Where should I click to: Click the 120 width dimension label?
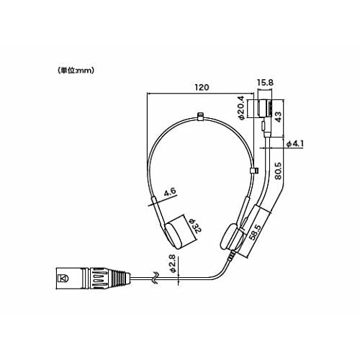[x=202, y=87]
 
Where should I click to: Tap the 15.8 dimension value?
[x=265, y=83]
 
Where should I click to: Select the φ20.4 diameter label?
[x=241, y=108]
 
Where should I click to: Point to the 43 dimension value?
[x=279, y=117]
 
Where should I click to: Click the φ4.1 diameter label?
[x=295, y=144]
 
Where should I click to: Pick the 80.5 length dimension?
[x=278, y=171]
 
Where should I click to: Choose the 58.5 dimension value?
[x=255, y=233]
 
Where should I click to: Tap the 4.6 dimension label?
[x=170, y=192]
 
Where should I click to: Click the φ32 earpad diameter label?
[x=194, y=226]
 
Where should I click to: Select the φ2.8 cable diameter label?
[x=174, y=264]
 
